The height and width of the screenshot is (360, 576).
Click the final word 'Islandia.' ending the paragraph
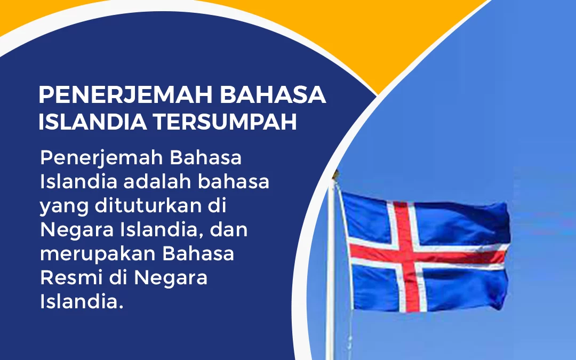[81, 301]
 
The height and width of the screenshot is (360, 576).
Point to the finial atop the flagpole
[335, 174]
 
